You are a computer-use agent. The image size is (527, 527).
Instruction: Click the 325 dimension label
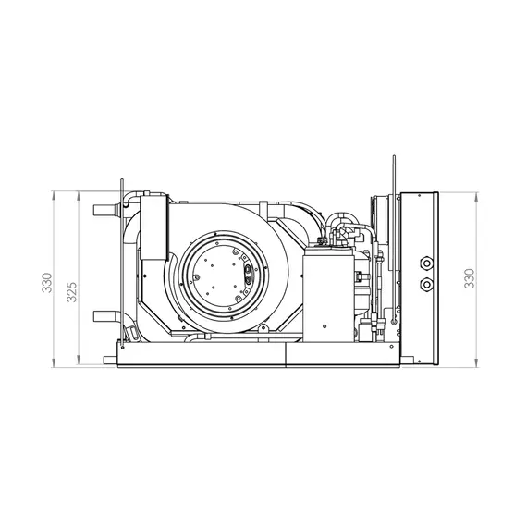pos(72,292)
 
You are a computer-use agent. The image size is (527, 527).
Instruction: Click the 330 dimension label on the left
pos(47,283)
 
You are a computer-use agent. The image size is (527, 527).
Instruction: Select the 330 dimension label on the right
pos(469,278)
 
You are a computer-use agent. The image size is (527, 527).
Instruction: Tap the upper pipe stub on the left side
pos(105,211)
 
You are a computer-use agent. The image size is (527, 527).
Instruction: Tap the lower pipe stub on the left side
pos(105,316)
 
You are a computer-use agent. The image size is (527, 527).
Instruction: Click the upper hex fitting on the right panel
pos(426,263)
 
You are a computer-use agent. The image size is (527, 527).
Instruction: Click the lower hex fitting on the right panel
pos(426,285)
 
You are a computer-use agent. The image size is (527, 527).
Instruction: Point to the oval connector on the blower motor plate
pos(248,274)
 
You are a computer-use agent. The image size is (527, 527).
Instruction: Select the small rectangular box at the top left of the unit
pos(153,227)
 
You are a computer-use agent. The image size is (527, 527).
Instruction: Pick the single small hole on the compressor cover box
pos(325,326)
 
